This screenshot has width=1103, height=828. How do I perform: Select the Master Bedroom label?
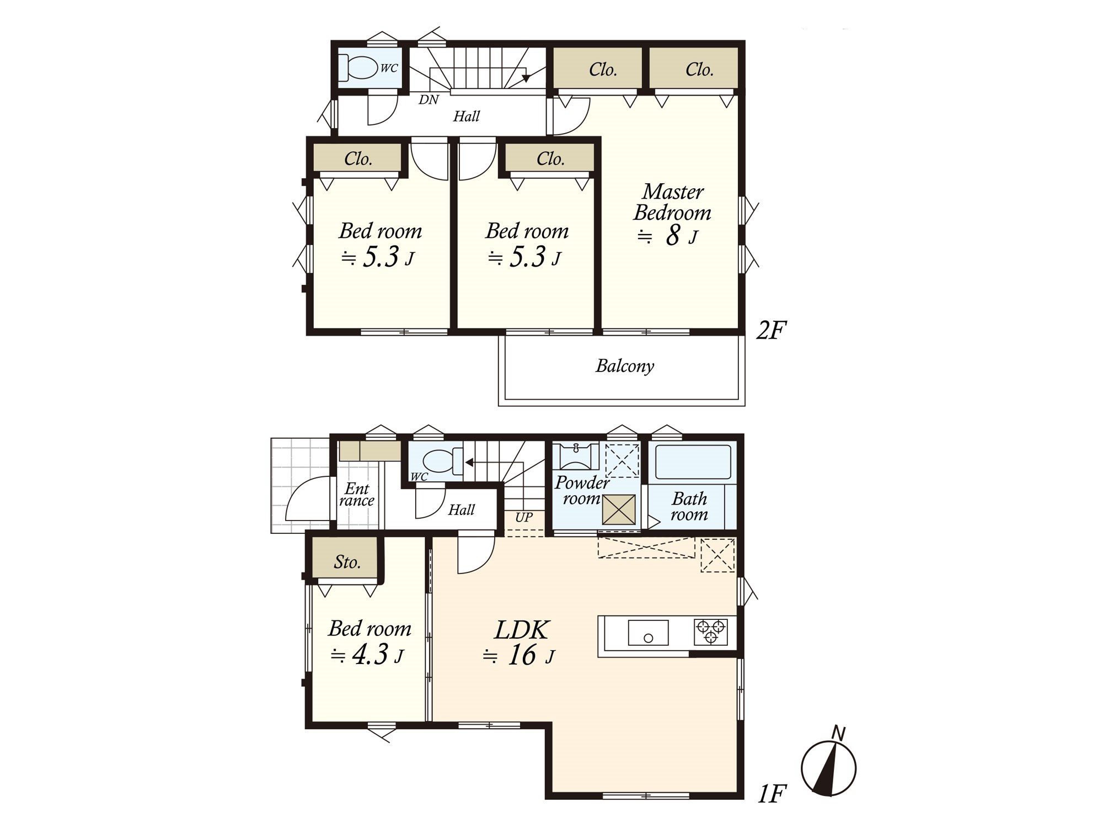[672, 202]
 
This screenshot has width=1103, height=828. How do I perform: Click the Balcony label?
[625, 366]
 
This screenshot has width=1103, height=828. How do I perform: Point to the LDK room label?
[522, 630]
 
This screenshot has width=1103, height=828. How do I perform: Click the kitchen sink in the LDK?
[648, 633]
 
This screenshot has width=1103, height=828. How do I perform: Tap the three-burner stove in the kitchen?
[710, 632]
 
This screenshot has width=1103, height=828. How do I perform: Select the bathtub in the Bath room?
[693, 462]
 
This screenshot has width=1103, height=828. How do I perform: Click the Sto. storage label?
[347, 562]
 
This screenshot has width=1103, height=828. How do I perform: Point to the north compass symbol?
[828, 765]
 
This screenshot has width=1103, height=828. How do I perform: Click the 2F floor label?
[770, 330]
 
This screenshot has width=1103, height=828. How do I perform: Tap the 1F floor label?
[771, 794]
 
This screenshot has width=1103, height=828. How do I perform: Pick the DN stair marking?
[429, 100]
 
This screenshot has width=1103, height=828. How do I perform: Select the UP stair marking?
[524, 517]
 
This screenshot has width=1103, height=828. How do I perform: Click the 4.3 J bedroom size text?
[367, 655]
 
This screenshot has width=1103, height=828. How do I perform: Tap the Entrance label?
[357, 495]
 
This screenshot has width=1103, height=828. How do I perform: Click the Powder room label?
[582, 490]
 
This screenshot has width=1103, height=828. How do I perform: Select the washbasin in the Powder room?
[576, 456]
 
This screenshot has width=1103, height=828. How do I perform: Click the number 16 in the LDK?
[521, 655]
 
